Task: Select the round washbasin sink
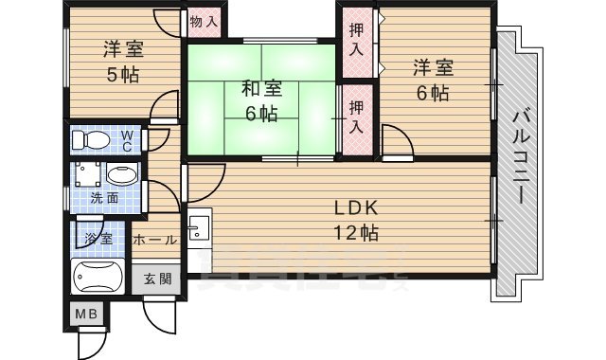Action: pyautogui.click(x=120, y=174)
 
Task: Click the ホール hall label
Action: pyautogui.click(x=155, y=240)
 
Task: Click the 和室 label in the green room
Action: pyautogui.click(x=260, y=90)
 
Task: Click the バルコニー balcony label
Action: pyautogui.click(x=522, y=156)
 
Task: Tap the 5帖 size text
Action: pyautogui.click(x=122, y=75)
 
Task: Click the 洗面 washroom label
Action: pyautogui.click(x=104, y=198)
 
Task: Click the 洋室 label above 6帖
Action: pyautogui.click(x=432, y=68)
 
